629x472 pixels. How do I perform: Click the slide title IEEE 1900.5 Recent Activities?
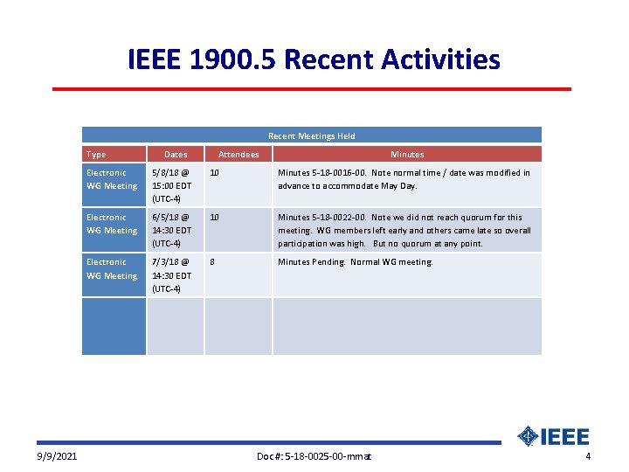[314, 59]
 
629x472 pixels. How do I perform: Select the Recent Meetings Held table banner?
[311, 135]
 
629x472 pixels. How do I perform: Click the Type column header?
[96, 154]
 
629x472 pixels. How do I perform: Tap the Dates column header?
[176, 154]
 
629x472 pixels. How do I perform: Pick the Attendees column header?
[238, 154]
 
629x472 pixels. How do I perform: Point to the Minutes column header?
[407, 154]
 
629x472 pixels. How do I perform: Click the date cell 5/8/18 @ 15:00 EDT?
[172, 185]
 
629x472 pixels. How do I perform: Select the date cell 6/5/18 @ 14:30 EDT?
[172, 230]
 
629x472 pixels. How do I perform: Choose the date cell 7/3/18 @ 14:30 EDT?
[172, 274]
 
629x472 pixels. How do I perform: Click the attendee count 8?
[213, 261]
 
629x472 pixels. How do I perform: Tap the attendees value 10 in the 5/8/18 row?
[215, 172]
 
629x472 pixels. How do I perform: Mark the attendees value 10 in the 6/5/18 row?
[215, 217]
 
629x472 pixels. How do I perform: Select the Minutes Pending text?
[309, 261]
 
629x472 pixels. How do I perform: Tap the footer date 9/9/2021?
[57, 456]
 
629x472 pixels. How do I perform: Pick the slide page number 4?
[588, 456]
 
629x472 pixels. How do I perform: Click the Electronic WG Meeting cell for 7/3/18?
[112, 268]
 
